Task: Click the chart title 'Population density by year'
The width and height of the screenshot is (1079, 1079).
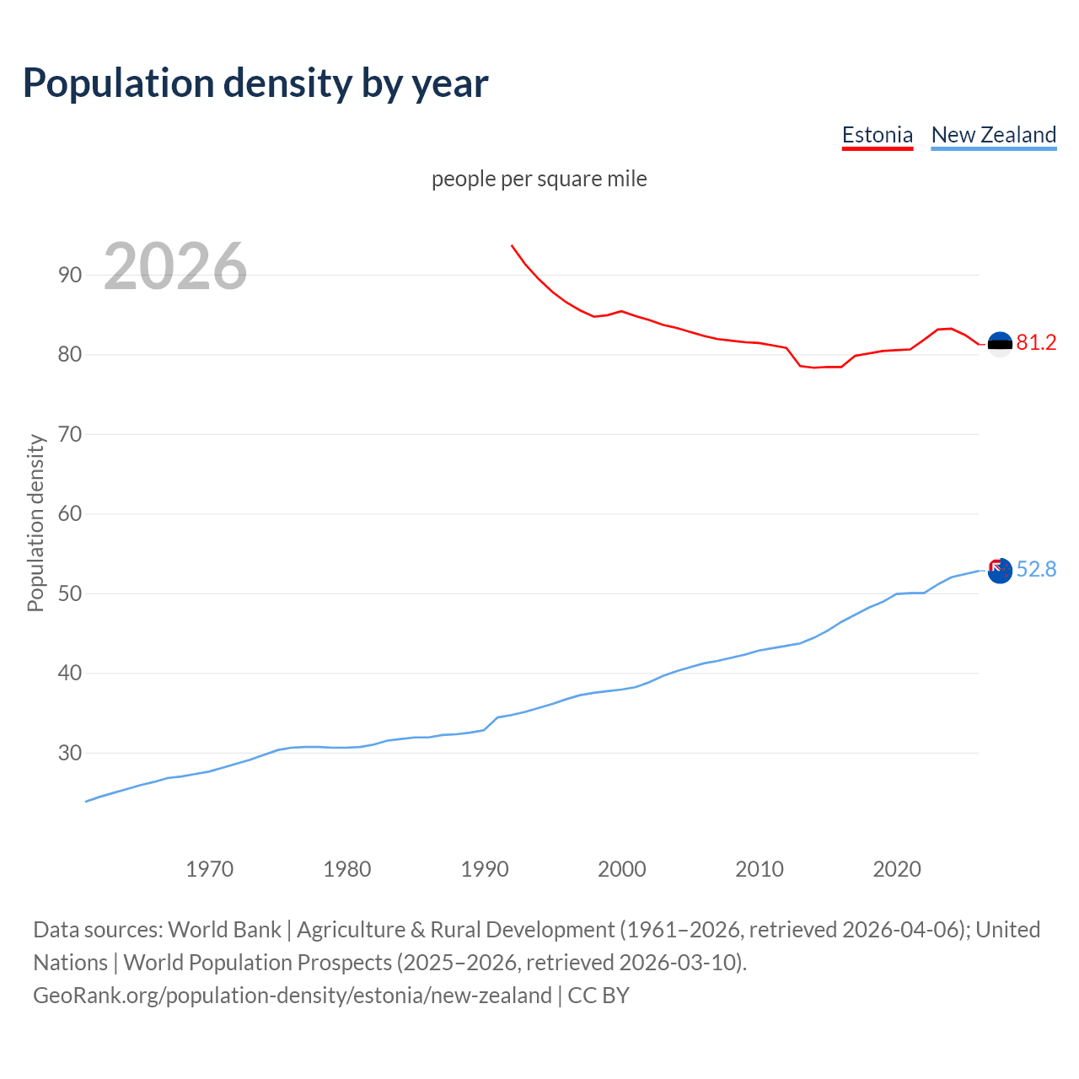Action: tap(255, 83)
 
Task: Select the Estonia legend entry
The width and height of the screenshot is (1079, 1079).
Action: tap(877, 135)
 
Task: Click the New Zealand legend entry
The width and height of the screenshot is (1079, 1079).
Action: tap(993, 135)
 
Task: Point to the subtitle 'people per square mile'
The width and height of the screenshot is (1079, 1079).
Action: tap(539, 179)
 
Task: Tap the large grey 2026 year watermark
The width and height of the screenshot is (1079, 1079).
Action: tap(175, 266)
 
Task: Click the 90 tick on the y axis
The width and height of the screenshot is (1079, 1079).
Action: tap(70, 275)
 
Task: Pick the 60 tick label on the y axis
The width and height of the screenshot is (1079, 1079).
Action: tap(70, 513)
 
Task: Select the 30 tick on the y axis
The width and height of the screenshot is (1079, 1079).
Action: tap(70, 753)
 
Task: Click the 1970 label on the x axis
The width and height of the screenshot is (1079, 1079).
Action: tap(209, 869)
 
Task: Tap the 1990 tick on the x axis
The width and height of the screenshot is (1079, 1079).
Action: tap(484, 869)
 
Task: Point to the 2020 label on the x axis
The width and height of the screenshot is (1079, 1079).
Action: tap(896, 869)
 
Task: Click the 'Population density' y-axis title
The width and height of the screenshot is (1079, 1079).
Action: tap(35, 523)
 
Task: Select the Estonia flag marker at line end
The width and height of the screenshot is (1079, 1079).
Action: tap(1000, 344)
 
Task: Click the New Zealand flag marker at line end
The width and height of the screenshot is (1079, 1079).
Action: tap(999, 571)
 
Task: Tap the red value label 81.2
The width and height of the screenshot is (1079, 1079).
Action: tap(1036, 342)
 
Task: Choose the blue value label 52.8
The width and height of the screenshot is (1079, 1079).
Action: tap(1036, 570)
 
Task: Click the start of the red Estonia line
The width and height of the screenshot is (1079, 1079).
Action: tap(512, 246)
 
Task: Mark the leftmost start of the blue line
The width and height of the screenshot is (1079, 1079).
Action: tap(86, 801)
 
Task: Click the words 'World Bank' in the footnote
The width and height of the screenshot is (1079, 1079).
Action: tap(224, 930)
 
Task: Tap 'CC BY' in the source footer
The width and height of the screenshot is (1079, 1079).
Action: tap(599, 996)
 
